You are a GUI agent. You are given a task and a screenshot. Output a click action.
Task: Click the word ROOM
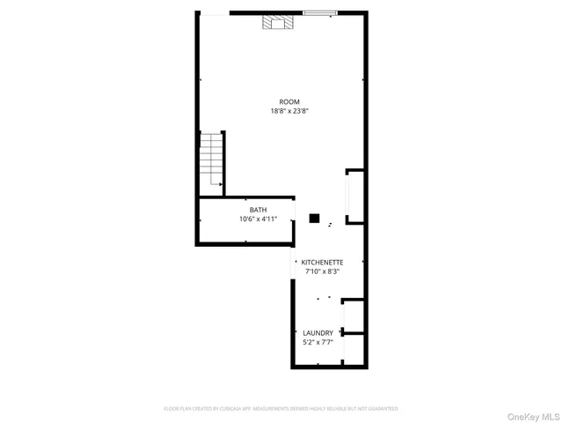[x=289, y=101]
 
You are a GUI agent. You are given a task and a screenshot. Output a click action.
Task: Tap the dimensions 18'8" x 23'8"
[x=289, y=111]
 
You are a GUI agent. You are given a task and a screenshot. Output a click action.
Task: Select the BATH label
[x=258, y=210]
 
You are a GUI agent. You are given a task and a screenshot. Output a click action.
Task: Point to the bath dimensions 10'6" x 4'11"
[x=258, y=219]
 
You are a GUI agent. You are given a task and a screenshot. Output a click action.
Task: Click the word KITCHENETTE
[x=322, y=263]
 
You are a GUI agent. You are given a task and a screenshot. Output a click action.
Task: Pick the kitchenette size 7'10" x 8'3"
[x=322, y=271]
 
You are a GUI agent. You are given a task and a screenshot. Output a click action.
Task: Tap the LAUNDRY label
[x=318, y=333]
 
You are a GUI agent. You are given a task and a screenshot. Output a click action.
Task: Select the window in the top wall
[x=319, y=12]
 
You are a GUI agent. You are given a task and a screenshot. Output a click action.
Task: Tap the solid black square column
[x=313, y=217]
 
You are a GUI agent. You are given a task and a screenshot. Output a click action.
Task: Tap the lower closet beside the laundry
[x=353, y=350]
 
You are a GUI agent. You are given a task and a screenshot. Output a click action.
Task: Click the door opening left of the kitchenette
[x=294, y=264]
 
